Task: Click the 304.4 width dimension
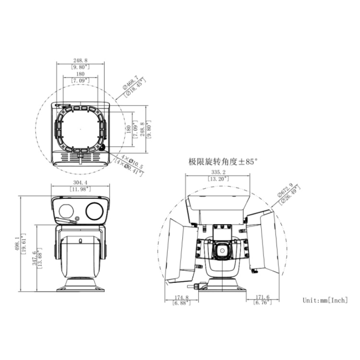pos(81,183)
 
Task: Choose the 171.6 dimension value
pos(262,298)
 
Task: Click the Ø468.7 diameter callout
pos(130,82)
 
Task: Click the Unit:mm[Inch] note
pos(325,300)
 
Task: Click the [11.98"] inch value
pos(81,189)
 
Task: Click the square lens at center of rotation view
pos(221,250)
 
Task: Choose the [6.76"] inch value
pos(262,303)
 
